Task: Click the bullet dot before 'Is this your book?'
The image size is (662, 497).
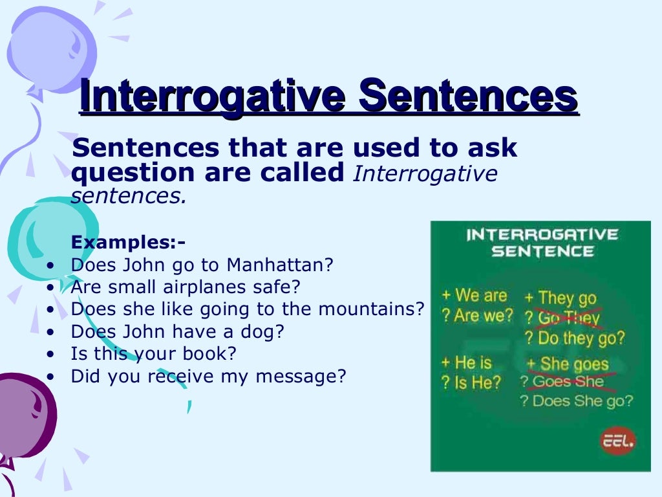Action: [x=51, y=355]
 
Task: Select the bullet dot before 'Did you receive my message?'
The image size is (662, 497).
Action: [x=51, y=377]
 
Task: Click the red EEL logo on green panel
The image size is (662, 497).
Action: [x=619, y=442]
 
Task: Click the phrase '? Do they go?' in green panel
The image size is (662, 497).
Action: [x=574, y=338]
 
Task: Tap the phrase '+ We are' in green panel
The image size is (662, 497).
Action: [x=475, y=296]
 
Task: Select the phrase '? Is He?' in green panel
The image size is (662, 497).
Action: [x=471, y=382]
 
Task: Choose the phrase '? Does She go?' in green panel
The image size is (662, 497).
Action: [x=576, y=401]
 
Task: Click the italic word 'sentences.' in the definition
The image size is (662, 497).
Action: [x=128, y=196]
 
